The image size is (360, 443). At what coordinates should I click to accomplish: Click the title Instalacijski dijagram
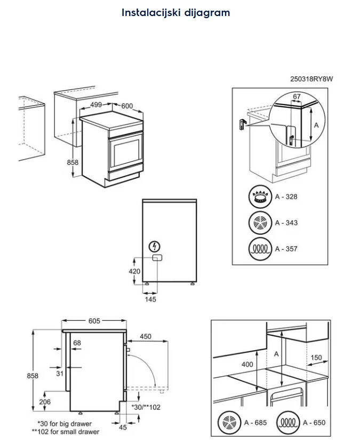[x=176, y=12]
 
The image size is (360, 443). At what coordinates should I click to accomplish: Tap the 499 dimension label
[x=96, y=105]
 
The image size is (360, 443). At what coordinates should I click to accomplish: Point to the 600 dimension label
[x=126, y=106]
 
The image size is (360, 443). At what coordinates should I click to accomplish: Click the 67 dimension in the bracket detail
[x=297, y=97]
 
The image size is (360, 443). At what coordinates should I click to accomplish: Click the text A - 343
[x=286, y=223]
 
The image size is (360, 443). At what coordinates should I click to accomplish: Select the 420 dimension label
[x=135, y=272]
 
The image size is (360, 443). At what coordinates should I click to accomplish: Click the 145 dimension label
[x=151, y=300]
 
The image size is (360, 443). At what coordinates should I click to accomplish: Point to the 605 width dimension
[x=94, y=321]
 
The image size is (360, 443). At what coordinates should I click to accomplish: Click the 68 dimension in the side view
[x=77, y=343]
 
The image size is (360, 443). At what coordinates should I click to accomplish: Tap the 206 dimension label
[x=45, y=402]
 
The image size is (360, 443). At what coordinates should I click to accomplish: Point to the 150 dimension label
[x=316, y=358]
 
